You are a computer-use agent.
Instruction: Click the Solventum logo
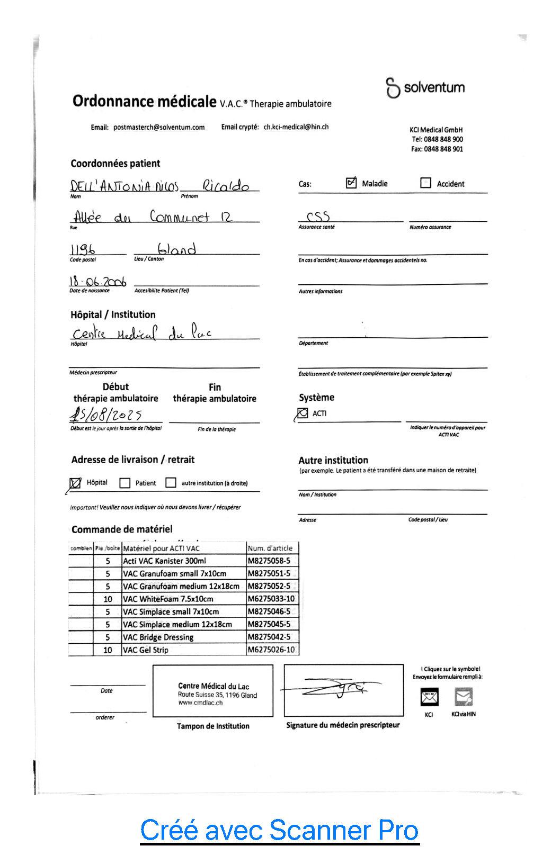click(425, 87)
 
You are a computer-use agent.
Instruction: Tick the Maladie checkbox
click(351, 183)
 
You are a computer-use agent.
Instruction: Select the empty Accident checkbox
click(425, 183)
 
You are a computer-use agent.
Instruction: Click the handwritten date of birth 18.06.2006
click(97, 282)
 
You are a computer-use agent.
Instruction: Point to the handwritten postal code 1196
click(83, 249)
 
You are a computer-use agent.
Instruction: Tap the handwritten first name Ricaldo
click(226, 186)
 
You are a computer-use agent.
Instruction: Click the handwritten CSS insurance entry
click(318, 217)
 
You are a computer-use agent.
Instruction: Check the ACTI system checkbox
click(303, 413)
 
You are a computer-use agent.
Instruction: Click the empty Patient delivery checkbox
click(125, 483)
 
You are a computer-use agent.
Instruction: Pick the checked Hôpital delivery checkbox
click(76, 483)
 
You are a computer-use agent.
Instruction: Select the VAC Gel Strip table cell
click(146, 650)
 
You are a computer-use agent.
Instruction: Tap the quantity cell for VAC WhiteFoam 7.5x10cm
click(108, 599)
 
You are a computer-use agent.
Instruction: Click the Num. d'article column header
click(270, 548)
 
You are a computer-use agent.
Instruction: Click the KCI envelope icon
click(429, 697)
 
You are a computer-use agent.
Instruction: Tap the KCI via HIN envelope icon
click(464, 697)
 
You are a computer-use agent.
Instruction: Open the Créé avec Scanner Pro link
click(279, 830)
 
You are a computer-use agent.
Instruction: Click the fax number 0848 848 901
click(443, 149)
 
